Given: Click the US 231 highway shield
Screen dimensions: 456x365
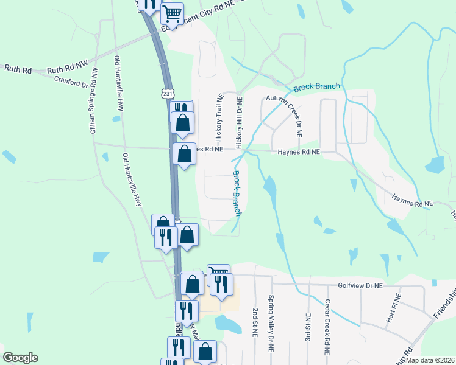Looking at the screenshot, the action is [x=167, y=93].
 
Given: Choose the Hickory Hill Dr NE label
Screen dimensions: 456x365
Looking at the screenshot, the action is [x=240, y=122].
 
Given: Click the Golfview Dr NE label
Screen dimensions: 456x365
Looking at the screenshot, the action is [x=360, y=285].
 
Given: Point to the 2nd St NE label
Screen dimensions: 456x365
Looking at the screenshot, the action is [x=255, y=322].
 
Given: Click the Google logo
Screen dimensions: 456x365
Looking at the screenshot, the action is [x=20, y=358].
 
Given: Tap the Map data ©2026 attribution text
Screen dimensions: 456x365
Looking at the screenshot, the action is [x=430, y=360].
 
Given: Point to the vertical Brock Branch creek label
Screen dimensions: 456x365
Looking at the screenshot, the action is [x=237, y=192].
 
